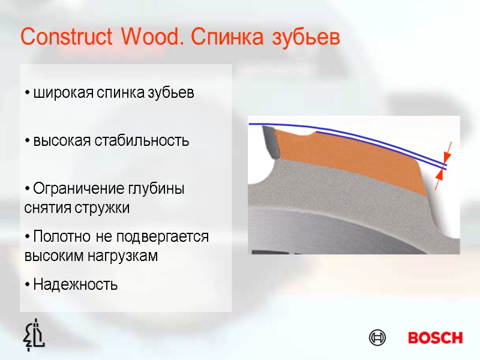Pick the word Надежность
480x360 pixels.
pyautogui.click(x=76, y=284)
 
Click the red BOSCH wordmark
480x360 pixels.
pyautogui.click(x=435, y=338)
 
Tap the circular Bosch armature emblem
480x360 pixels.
pyautogui.click(x=377, y=338)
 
